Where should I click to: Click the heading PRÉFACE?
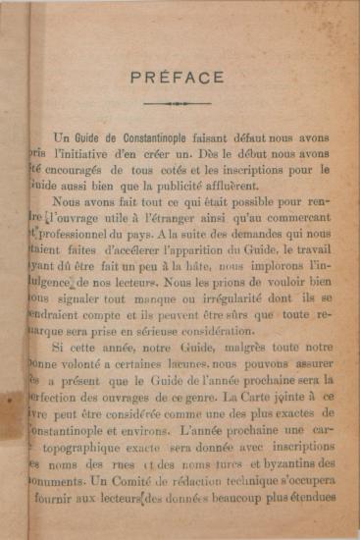pos(177,78)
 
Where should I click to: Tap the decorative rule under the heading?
pos(177,103)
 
